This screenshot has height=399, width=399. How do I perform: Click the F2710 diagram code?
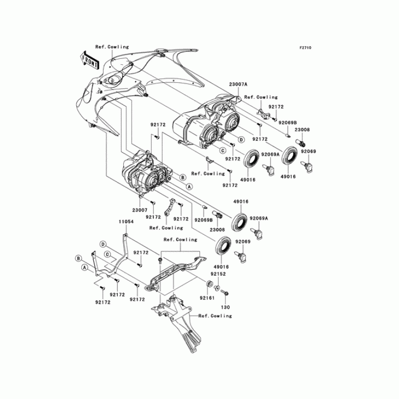(x=305, y=48)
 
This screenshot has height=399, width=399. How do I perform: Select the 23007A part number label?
(x=238, y=85)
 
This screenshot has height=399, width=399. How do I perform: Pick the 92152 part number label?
(x=217, y=274)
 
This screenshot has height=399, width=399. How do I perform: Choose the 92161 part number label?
(x=206, y=298)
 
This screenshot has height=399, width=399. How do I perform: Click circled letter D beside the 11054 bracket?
(x=103, y=244)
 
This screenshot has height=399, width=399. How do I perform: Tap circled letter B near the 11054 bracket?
(x=78, y=258)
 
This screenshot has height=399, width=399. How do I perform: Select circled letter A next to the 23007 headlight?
(x=189, y=186)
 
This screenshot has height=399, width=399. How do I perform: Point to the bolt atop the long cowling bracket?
(x=159, y=261)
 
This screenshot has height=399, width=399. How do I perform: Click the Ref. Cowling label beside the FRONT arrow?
(x=112, y=47)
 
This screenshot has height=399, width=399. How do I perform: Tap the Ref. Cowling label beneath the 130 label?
(x=215, y=316)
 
